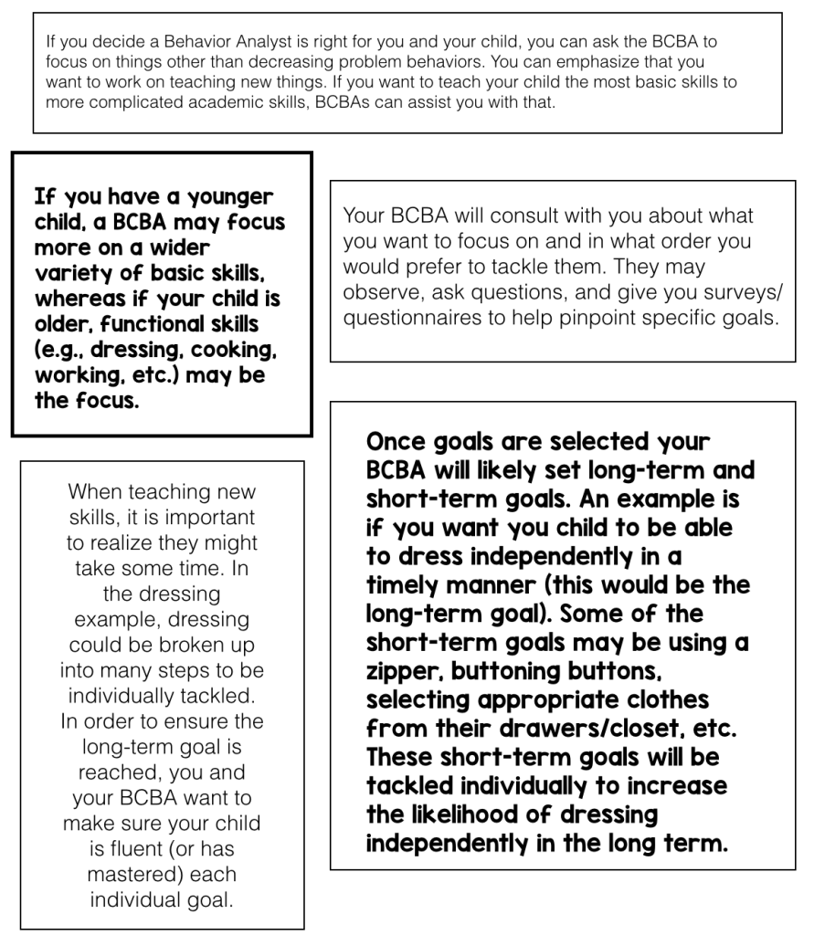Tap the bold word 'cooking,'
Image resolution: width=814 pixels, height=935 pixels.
pyautogui.click(x=227, y=351)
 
